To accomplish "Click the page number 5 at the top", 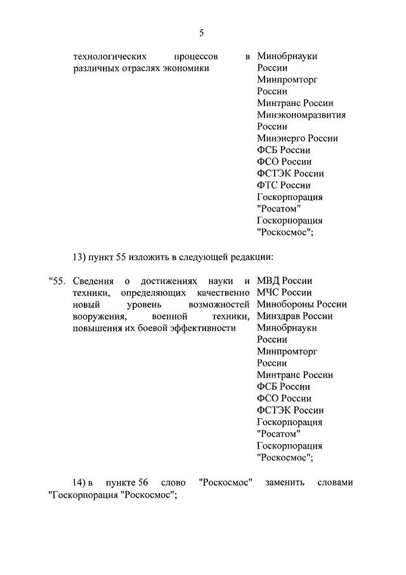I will (202, 32).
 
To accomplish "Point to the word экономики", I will (188, 68).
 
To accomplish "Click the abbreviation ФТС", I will (267, 185).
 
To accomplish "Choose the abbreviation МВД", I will (268, 281).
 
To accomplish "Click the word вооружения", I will (97, 316).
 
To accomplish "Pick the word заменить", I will (285, 484).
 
